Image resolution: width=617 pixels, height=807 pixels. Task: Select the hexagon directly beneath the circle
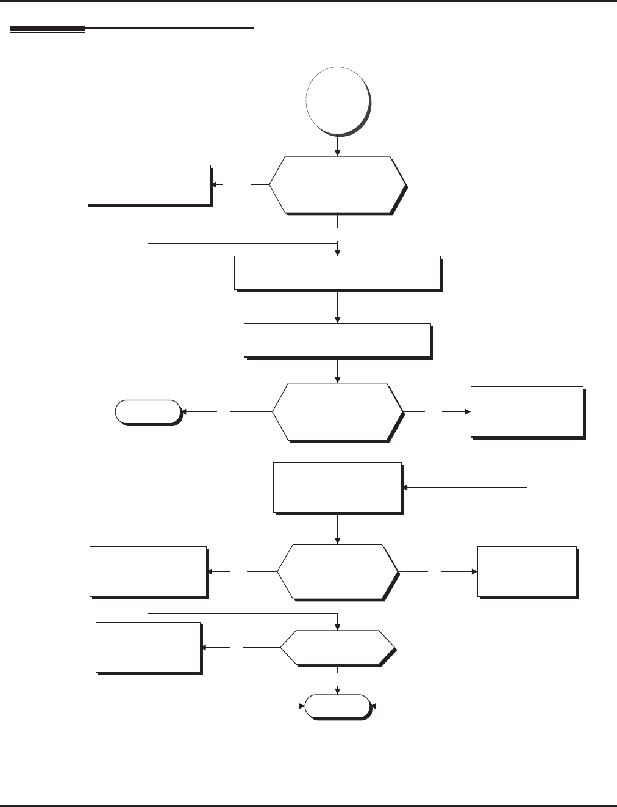337,184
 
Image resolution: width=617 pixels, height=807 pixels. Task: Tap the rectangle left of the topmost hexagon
148,184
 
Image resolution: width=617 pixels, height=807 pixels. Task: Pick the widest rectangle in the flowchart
337,272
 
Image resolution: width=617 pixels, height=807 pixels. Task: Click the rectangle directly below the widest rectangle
337,339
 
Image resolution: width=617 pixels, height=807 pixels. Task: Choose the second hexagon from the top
337,411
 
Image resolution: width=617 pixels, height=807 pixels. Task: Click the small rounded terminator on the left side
148,411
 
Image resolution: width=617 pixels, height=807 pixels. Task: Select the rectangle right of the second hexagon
527,411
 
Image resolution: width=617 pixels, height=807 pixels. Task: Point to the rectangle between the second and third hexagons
337,487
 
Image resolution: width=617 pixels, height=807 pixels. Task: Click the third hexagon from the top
337,572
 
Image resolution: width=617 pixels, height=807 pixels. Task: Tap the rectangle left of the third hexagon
148,571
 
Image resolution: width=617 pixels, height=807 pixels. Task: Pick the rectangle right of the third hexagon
527,571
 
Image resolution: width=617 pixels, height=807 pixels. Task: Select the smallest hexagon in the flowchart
337,647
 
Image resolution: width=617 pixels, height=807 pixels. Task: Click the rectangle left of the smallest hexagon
148,647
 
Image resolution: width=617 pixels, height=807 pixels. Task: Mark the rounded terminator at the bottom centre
337,706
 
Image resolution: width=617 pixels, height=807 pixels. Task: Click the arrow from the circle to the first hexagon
337,145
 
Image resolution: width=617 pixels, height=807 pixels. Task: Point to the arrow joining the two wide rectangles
337,306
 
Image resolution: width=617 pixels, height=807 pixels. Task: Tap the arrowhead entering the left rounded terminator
185,411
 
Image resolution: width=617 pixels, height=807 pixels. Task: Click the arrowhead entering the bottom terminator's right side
374,706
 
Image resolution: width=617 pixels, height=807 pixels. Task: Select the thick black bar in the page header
47,29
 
